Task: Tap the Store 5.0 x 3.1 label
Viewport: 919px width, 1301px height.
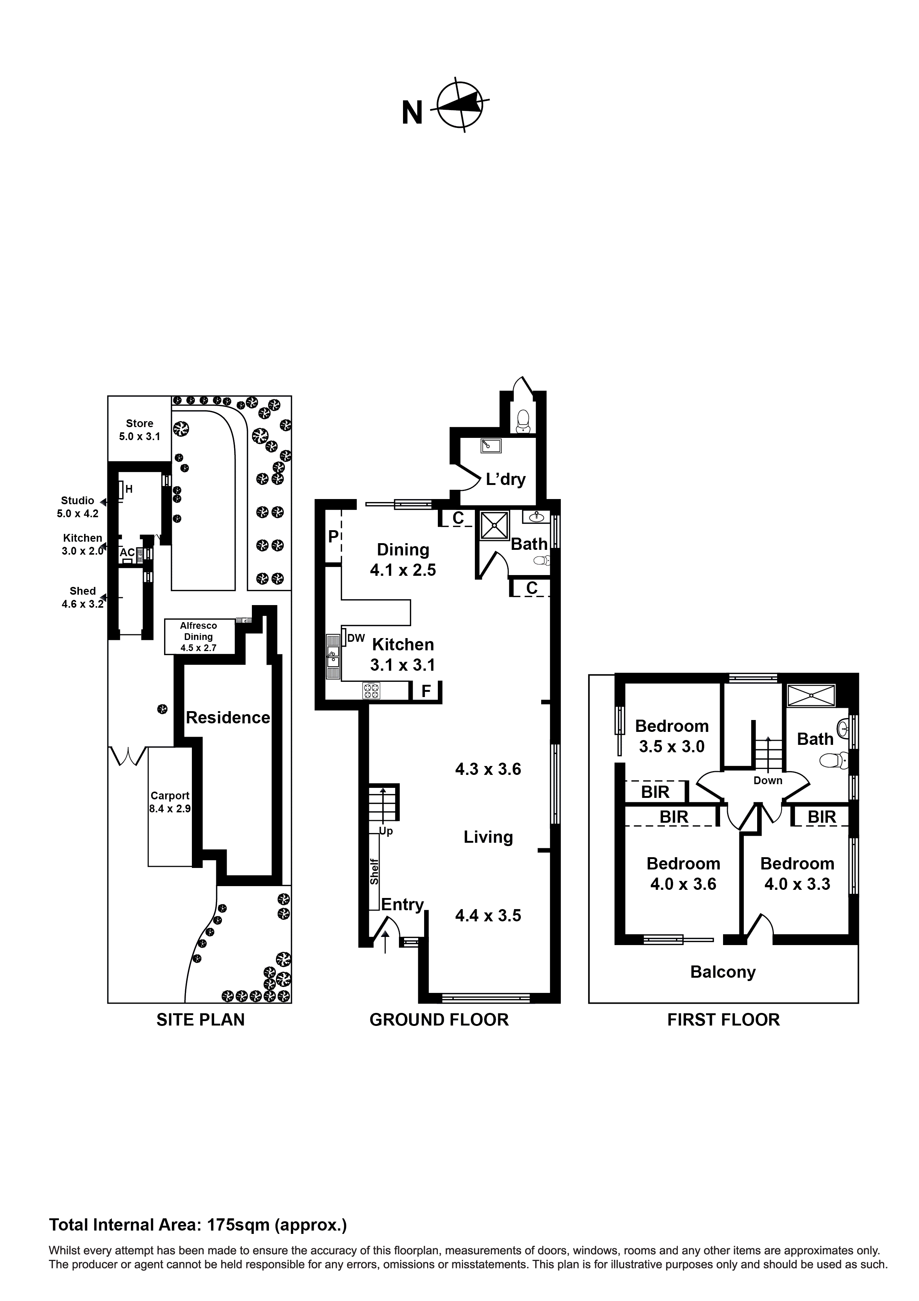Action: click(139, 429)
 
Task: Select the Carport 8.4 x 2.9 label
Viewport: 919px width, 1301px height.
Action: click(170, 802)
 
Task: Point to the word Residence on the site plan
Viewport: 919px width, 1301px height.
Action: click(228, 717)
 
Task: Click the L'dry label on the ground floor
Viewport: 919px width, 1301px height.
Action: click(506, 479)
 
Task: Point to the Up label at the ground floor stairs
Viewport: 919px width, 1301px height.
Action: click(386, 831)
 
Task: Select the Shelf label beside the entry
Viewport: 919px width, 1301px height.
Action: click(374, 872)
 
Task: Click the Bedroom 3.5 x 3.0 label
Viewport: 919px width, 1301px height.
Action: click(672, 736)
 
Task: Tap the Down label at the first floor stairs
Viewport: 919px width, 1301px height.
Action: click(768, 780)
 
